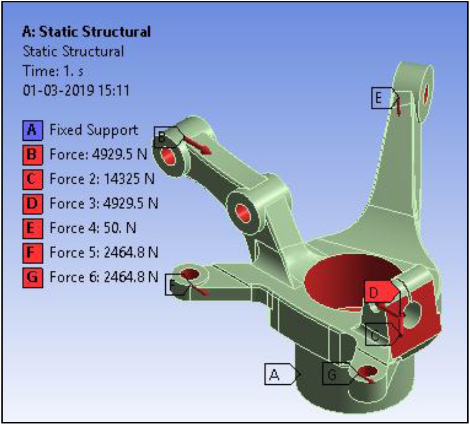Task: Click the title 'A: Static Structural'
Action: (86, 32)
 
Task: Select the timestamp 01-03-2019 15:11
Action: (76, 89)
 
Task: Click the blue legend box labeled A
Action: (32, 130)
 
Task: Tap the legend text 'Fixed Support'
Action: (94, 130)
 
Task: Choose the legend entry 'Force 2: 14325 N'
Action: (102, 179)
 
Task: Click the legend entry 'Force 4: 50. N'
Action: (93, 228)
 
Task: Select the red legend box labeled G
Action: (32, 277)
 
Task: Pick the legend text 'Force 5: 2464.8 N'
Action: (104, 252)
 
